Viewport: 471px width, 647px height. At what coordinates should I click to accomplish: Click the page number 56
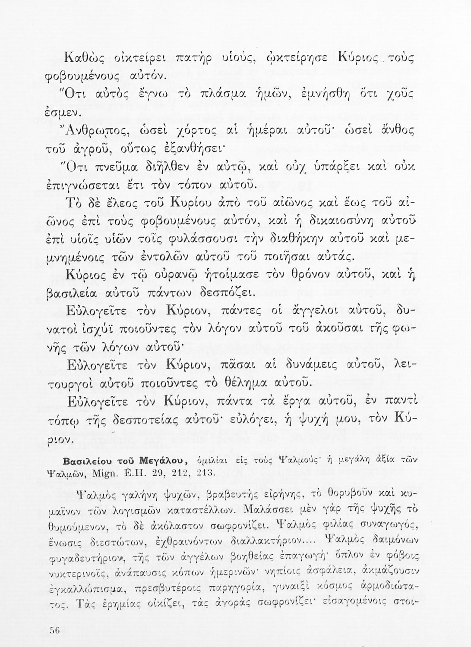pyautogui.click(x=54, y=630)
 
